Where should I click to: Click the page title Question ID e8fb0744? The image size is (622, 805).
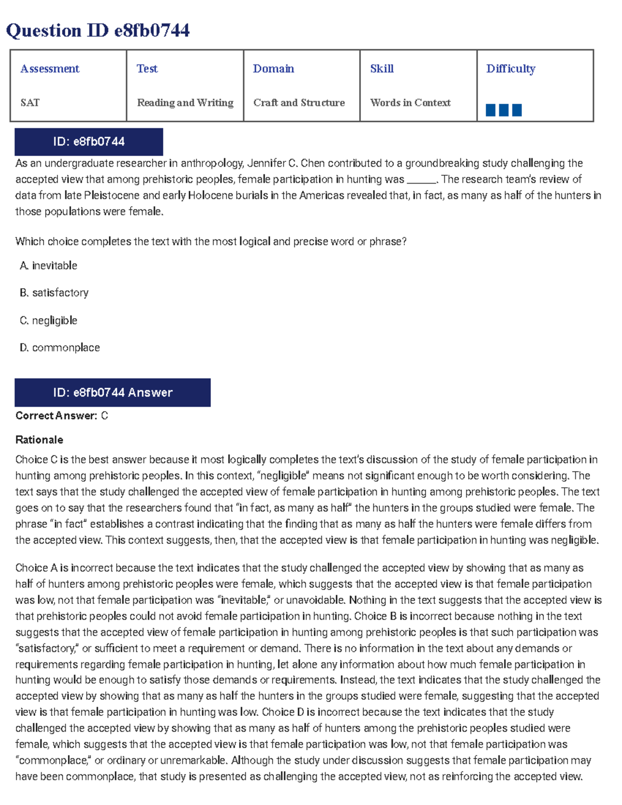point(98,31)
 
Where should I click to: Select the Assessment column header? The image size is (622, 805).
point(50,69)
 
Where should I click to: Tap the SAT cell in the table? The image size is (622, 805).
point(30,103)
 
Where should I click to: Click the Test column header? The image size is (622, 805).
point(147,69)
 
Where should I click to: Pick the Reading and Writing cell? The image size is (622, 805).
point(185,103)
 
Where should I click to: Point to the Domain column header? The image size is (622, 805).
point(273,69)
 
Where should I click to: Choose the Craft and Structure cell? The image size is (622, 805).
point(299,103)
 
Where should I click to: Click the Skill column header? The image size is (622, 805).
point(382,69)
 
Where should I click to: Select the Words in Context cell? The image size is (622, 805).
point(411,103)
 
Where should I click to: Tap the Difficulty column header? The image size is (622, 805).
point(511,69)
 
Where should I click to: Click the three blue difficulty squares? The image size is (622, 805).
point(503,110)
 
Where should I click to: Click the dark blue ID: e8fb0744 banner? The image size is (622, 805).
point(89,142)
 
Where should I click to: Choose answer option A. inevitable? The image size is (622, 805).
point(49,266)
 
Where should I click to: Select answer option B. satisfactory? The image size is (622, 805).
point(54,293)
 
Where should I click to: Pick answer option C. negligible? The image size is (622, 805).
point(49,321)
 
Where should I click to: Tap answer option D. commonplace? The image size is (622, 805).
point(60,348)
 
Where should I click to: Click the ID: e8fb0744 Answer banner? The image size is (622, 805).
point(112,392)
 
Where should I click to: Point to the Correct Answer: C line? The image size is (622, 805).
point(62,416)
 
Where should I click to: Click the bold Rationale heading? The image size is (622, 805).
point(39,440)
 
